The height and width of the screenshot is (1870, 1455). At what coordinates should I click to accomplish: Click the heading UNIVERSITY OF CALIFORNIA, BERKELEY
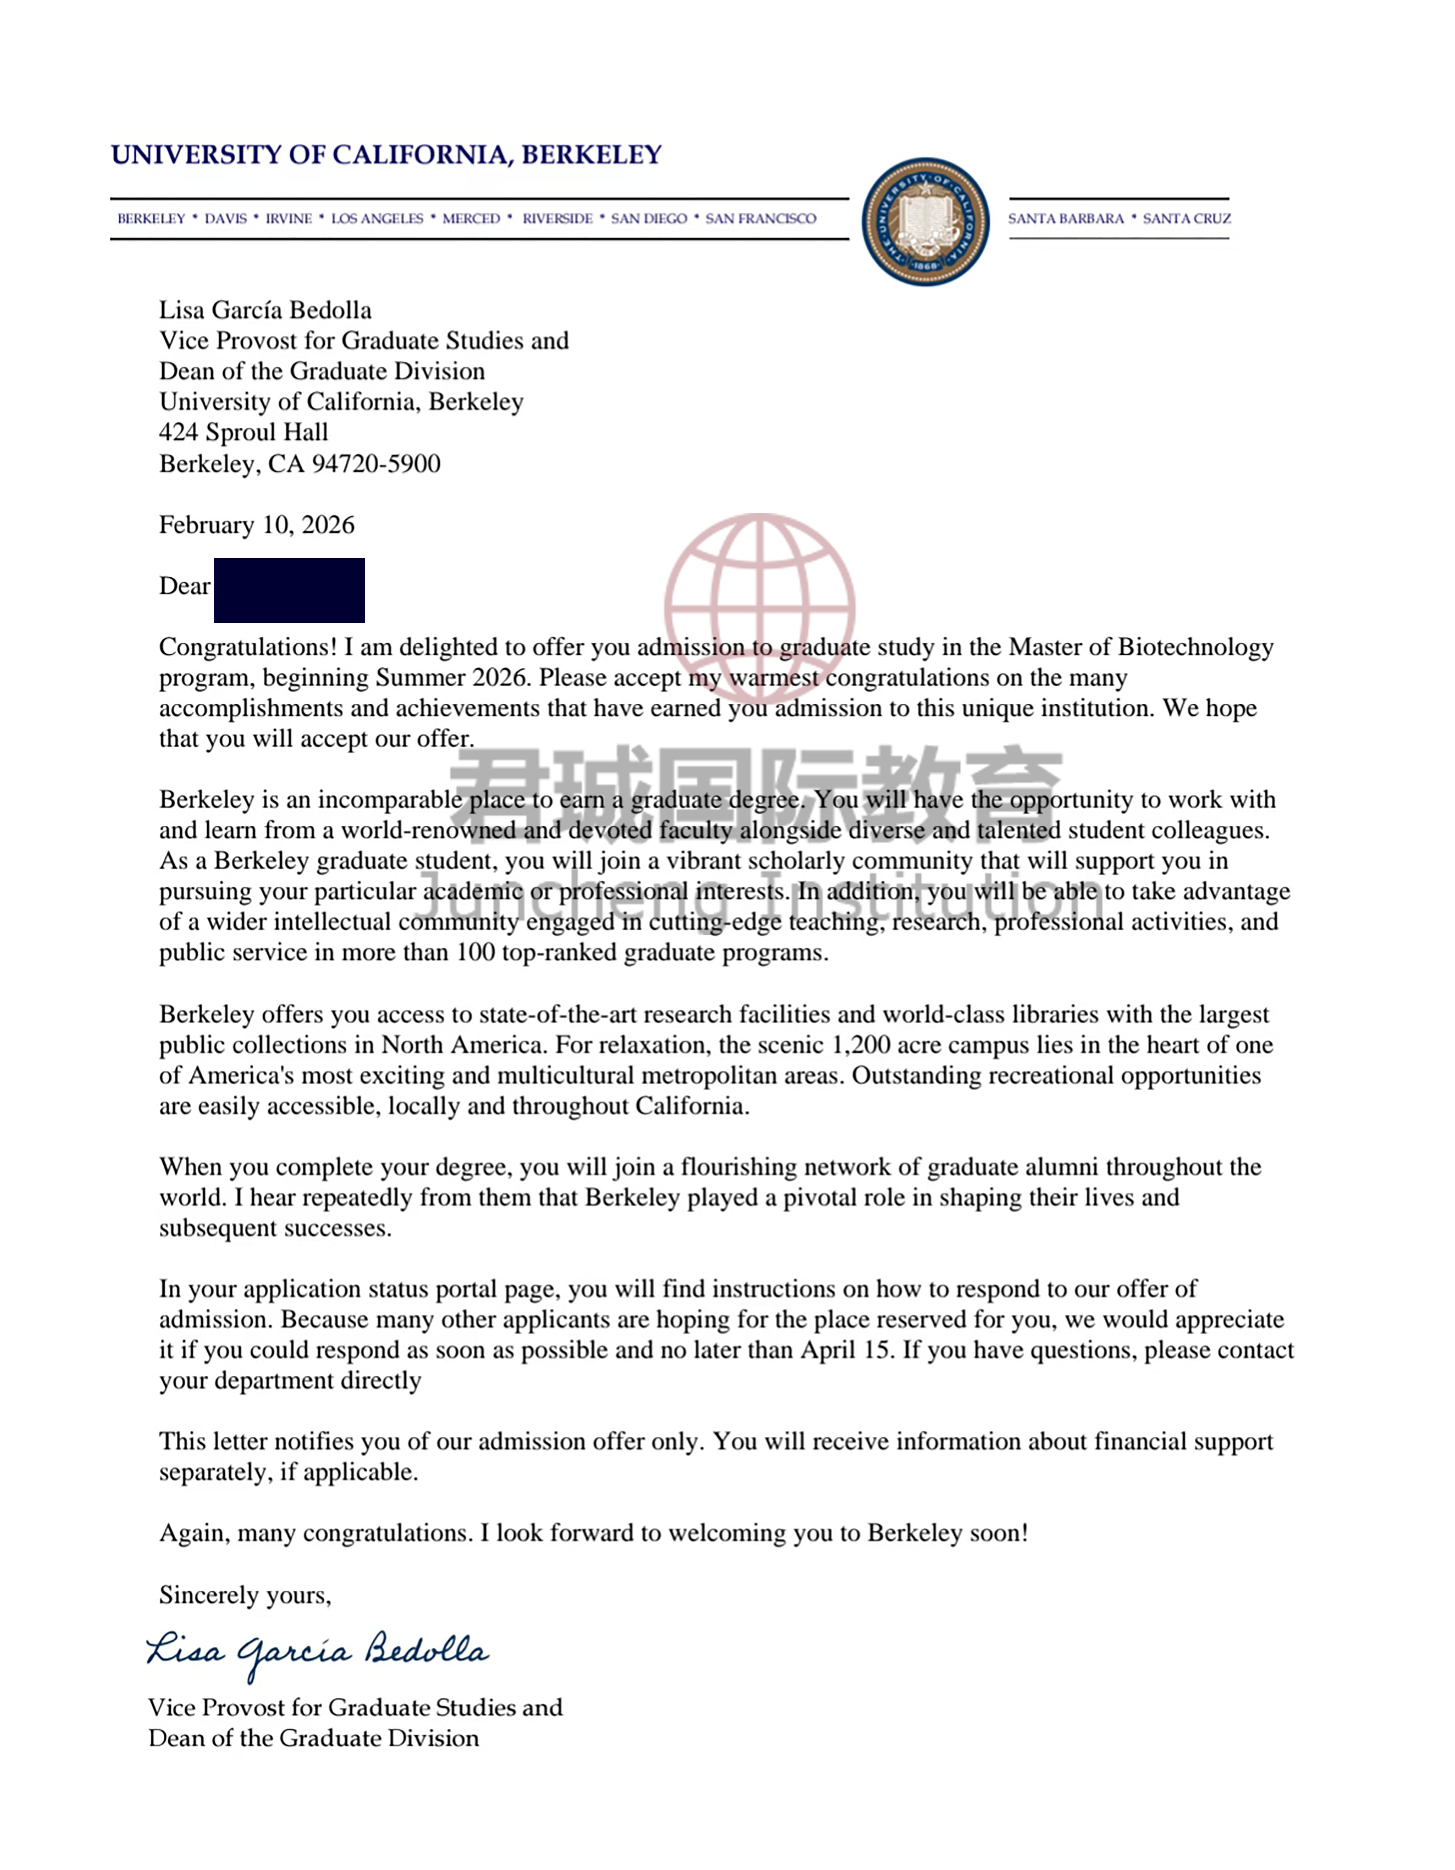[x=386, y=155]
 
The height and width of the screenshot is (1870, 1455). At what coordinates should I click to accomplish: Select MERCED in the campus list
[x=471, y=218]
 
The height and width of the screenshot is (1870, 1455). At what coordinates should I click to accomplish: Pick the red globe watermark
[x=760, y=608]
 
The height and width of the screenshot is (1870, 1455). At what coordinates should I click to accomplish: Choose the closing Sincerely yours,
[x=245, y=1595]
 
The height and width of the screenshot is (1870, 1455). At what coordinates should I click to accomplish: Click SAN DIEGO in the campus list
[x=648, y=218]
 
